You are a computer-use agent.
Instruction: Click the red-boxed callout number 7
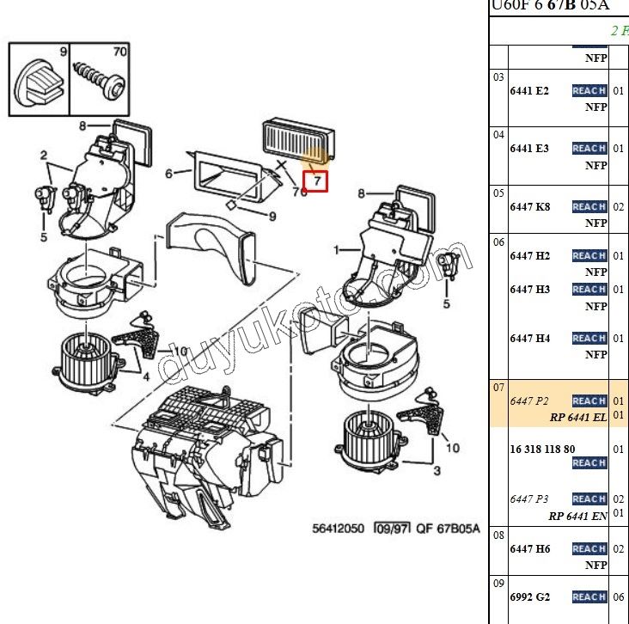coord(316,181)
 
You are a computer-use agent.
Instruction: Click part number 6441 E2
coord(529,90)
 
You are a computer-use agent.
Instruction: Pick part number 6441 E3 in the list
coord(529,148)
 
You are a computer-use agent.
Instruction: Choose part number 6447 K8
coord(530,206)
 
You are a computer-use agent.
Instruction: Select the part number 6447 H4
coord(530,338)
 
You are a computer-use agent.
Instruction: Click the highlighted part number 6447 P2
coord(529,401)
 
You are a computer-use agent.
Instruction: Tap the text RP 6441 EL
coord(577,417)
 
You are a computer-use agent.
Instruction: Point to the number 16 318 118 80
coord(542,449)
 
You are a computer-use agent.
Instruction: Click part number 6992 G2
coord(529,596)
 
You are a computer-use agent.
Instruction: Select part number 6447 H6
coord(530,548)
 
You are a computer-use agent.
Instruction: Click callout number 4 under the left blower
coord(147,376)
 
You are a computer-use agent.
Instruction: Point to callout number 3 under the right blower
coord(437,470)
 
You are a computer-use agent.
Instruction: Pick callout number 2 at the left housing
coord(43,156)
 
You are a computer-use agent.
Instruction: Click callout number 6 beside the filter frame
coord(168,173)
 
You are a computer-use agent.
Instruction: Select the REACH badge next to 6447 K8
coord(589,206)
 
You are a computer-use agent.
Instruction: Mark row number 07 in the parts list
coord(498,387)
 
